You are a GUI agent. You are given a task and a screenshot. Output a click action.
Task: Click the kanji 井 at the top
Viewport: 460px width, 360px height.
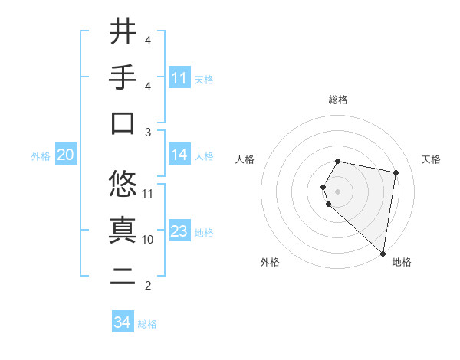(123, 32)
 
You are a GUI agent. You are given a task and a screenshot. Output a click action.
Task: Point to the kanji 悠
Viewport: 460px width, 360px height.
(123, 184)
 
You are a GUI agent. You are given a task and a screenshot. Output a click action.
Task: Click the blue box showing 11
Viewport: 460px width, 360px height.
(179, 78)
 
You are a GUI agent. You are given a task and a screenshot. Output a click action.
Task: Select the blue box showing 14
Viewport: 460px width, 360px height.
(179, 155)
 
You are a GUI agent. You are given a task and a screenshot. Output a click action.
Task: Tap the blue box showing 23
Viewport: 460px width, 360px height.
(179, 232)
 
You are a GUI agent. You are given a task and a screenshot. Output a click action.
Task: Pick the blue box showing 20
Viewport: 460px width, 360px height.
(65, 155)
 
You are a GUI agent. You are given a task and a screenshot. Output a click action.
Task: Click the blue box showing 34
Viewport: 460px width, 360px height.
(123, 322)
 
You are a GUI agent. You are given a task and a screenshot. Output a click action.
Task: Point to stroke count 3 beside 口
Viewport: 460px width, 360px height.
(148, 133)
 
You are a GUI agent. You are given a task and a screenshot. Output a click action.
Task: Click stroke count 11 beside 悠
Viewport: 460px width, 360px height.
(148, 193)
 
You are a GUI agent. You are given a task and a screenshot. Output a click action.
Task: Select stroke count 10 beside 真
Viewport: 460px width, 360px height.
(148, 239)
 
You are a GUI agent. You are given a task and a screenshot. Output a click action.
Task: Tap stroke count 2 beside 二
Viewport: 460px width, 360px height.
(148, 286)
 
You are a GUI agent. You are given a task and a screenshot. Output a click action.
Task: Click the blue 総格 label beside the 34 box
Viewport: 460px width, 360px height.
(147, 324)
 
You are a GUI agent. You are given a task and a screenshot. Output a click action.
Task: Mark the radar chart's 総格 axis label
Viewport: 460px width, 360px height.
(338, 100)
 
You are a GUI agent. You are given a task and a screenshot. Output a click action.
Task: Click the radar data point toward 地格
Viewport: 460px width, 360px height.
(383, 253)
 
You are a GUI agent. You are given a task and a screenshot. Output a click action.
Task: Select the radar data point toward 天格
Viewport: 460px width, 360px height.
(396, 173)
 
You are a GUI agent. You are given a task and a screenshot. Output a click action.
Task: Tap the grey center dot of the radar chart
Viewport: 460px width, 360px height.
(338, 191)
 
